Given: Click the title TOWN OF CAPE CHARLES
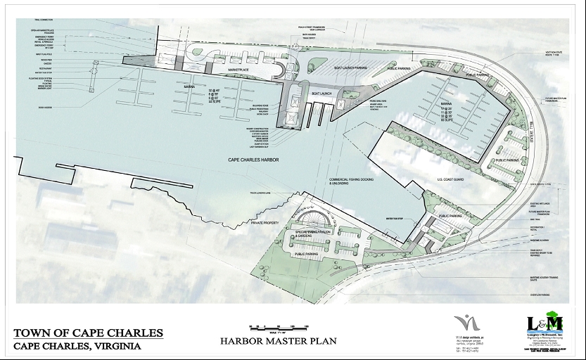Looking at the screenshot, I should click(x=89, y=333).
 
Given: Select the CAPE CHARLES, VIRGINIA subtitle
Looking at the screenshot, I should click(x=77, y=346).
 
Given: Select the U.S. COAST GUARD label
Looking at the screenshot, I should click(x=451, y=179).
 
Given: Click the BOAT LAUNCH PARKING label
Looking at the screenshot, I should click(x=350, y=67).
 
